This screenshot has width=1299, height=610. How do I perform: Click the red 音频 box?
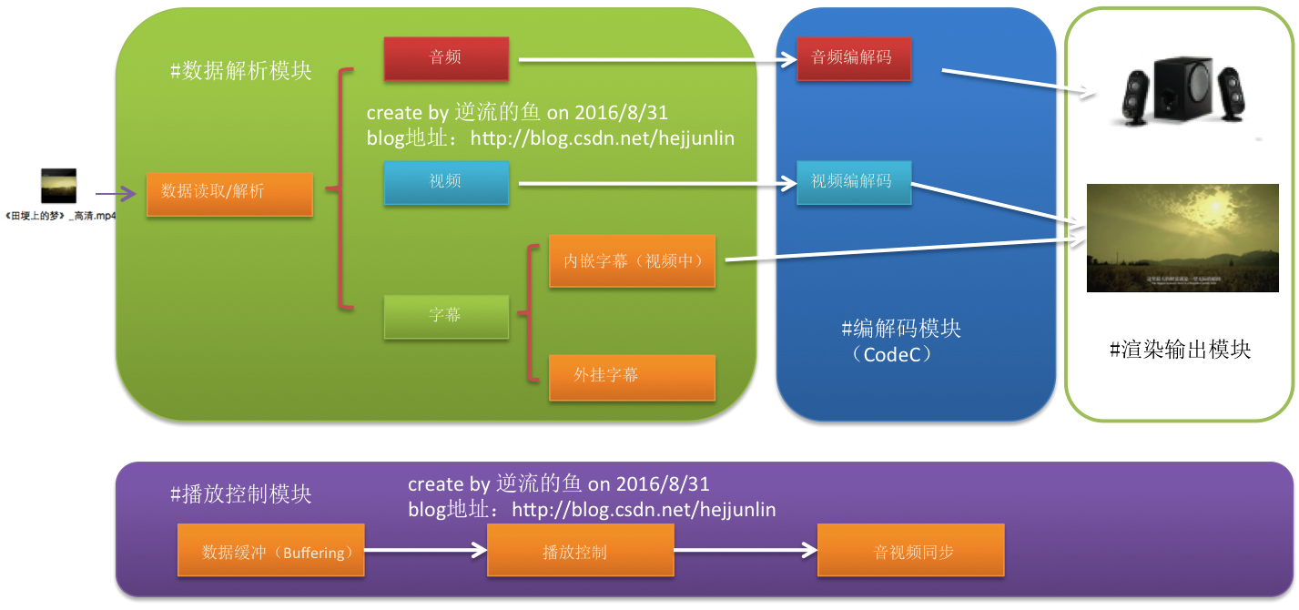(445, 58)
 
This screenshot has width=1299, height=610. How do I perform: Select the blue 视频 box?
(445, 182)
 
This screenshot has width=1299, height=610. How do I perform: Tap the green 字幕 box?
(445, 316)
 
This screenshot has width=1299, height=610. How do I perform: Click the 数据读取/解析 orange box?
(228, 192)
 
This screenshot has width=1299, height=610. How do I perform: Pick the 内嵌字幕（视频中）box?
(632, 261)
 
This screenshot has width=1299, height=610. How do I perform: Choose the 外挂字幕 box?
(632, 376)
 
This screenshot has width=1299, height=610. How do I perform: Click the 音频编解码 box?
(852, 58)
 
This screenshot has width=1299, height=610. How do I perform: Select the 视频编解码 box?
(852, 182)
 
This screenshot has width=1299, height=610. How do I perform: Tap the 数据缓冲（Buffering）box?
(270, 550)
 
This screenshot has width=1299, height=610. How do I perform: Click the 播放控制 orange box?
(580, 550)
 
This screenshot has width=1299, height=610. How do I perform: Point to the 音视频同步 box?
(910, 550)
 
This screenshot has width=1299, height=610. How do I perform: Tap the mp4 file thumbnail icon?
(58, 186)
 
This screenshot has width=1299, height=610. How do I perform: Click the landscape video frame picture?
(1189, 237)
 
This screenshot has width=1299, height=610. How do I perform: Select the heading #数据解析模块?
(241, 71)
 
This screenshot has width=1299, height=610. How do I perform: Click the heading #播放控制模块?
(241, 494)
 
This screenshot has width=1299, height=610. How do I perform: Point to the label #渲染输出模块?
(1180, 349)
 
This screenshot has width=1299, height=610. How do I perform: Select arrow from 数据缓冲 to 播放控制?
(425, 550)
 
